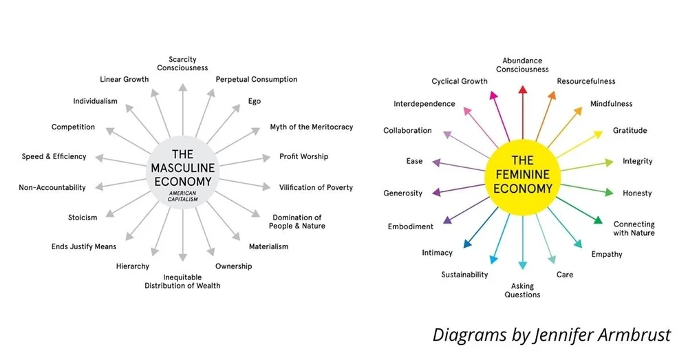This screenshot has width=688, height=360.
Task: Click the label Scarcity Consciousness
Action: pyautogui.click(x=182, y=63)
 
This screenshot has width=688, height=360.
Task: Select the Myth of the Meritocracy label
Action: pyautogui.click(x=311, y=127)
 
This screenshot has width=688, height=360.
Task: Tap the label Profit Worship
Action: pyautogui.click(x=303, y=156)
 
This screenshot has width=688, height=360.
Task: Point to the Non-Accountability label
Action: pyautogui.click(x=52, y=187)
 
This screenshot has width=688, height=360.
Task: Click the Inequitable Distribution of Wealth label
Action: pyautogui.click(x=182, y=281)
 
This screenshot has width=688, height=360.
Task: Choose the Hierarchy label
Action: pyautogui.click(x=133, y=266)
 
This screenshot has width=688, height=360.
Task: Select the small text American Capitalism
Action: pyautogui.click(x=182, y=196)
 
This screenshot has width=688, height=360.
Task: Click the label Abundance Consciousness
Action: pyautogui.click(x=522, y=65)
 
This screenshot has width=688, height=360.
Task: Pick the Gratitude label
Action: pyautogui.click(x=630, y=131)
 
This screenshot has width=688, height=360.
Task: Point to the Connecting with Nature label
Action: pyautogui.click(x=634, y=229)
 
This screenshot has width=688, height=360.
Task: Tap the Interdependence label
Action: pyautogui.click(x=424, y=104)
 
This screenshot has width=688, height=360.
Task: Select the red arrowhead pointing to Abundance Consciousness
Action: pyautogui.click(x=522, y=89)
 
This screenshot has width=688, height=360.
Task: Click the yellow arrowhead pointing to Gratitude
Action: pyautogui.click(x=598, y=135)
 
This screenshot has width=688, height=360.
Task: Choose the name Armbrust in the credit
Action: pyautogui.click(x=637, y=335)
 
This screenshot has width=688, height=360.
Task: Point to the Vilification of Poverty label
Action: pyautogui.click(x=316, y=187)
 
